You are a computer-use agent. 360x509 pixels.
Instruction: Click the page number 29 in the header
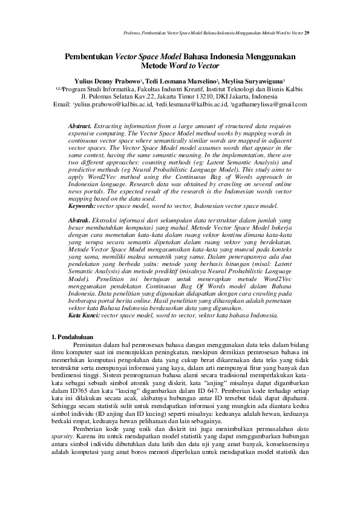pyautogui.click(x=307, y=32)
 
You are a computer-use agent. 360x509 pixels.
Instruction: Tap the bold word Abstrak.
pyautogui.click(x=79, y=221)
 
